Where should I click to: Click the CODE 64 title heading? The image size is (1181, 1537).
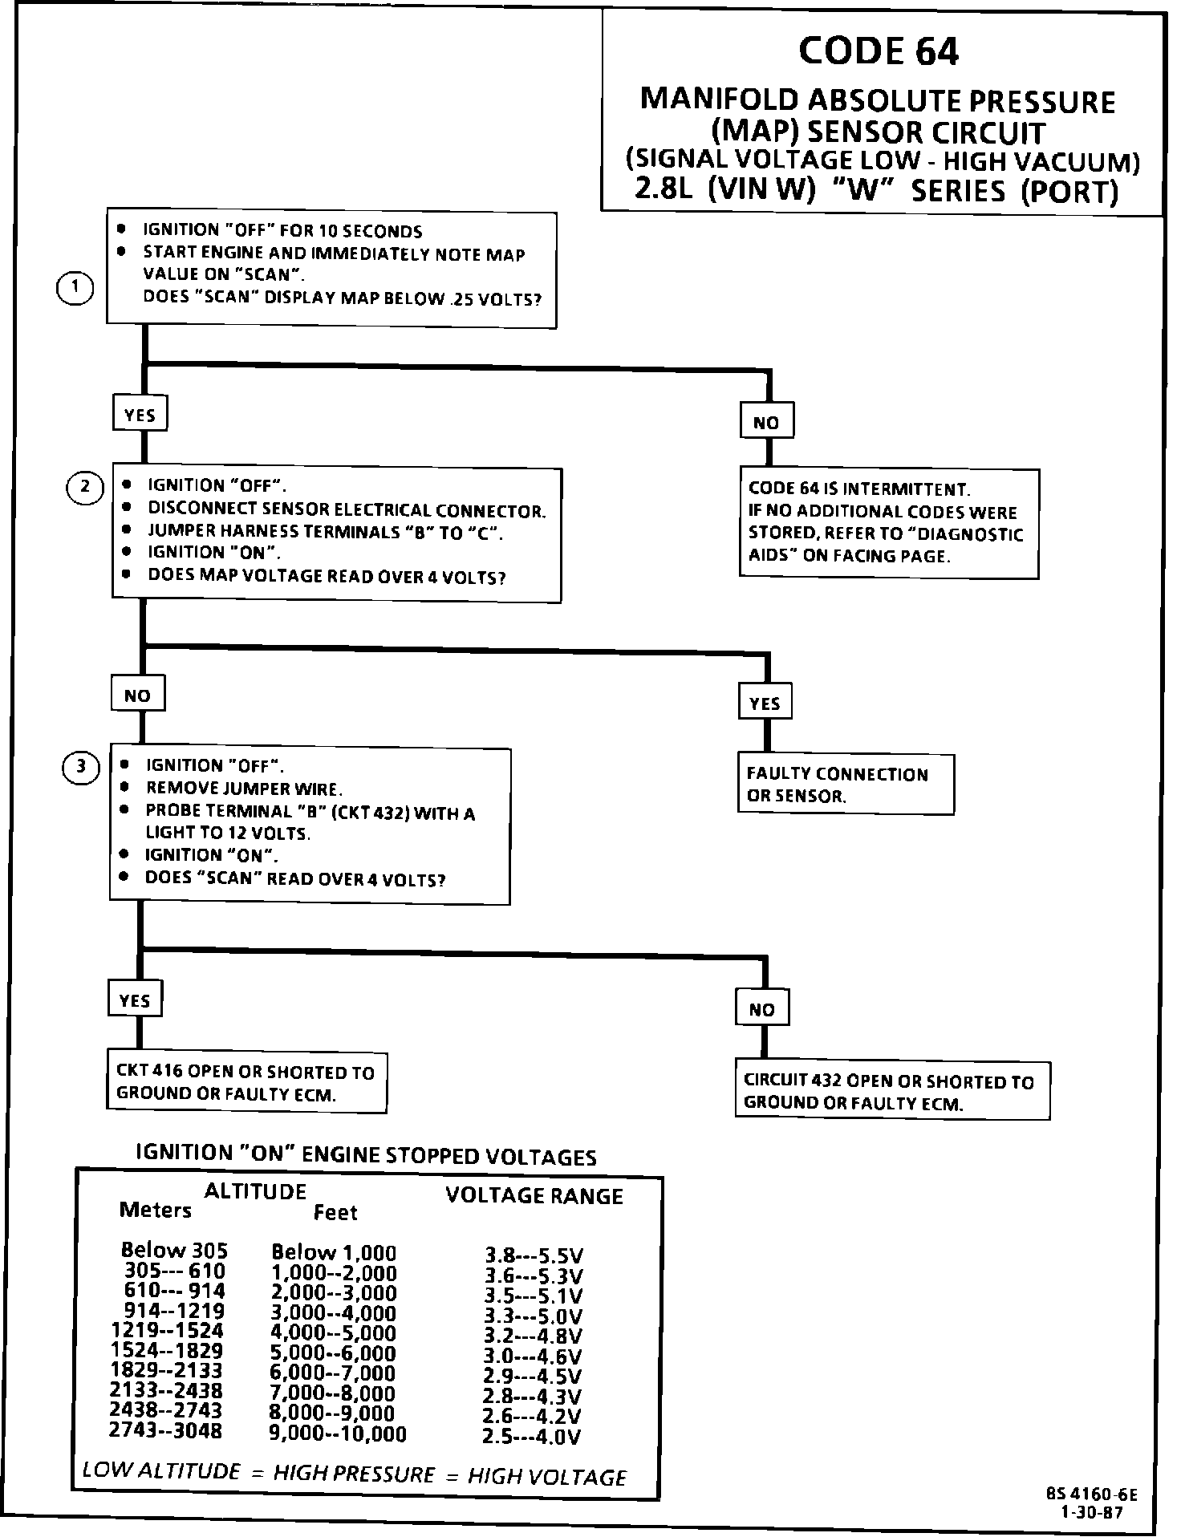(x=879, y=51)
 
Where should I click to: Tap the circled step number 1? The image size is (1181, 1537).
(x=76, y=288)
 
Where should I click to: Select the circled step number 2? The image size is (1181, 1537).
(x=85, y=487)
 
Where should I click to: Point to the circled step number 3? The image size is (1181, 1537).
(x=81, y=768)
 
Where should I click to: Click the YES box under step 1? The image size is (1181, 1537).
(x=140, y=415)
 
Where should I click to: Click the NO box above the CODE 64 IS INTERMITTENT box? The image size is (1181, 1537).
(x=766, y=422)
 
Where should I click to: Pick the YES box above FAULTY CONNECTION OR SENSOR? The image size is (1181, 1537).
(x=765, y=704)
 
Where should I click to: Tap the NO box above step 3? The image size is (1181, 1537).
(x=137, y=695)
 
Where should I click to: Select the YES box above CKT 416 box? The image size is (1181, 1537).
(x=134, y=1000)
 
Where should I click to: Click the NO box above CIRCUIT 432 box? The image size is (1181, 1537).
(x=761, y=1009)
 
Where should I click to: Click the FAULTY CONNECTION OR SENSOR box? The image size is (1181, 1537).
(x=845, y=785)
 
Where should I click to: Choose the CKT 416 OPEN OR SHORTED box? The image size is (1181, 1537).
(x=246, y=1082)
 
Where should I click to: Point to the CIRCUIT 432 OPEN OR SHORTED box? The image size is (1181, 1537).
(x=891, y=1091)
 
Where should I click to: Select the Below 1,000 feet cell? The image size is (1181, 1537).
(x=334, y=1252)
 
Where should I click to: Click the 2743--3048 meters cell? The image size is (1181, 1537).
(x=166, y=1430)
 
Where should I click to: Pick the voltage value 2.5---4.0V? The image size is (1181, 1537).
(x=532, y=1436)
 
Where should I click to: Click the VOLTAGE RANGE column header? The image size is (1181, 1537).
(x=534, y=1196)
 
